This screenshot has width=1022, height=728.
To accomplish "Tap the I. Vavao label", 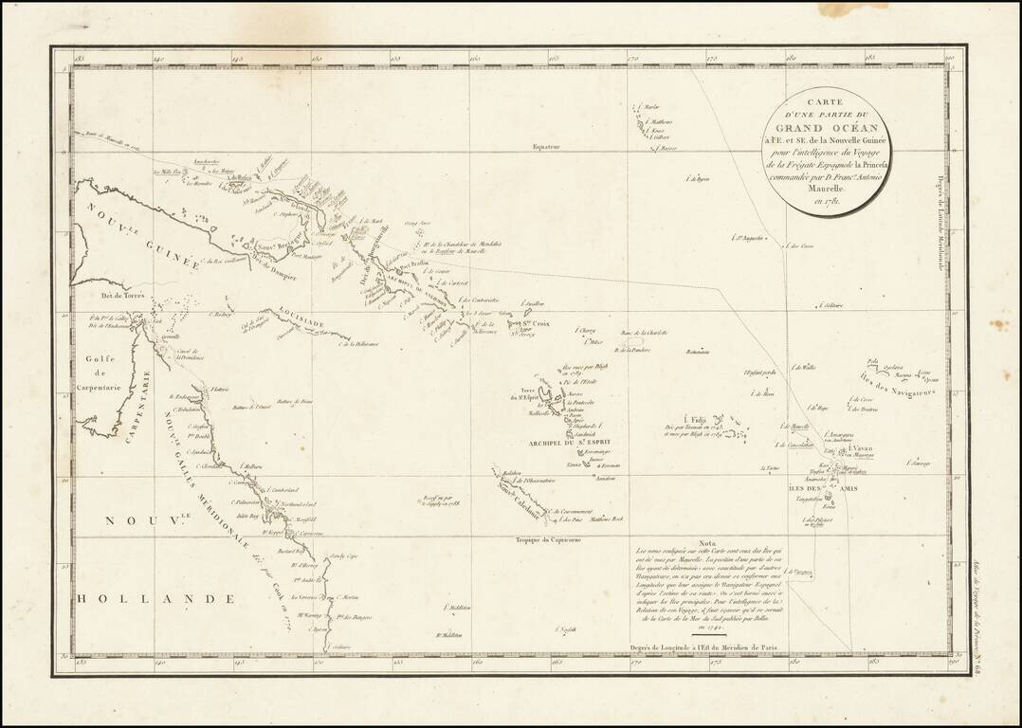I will [x=861, y=448].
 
